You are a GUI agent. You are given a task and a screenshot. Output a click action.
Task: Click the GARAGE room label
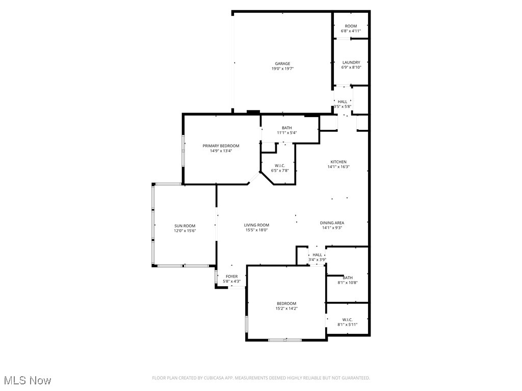[x=282, y=64]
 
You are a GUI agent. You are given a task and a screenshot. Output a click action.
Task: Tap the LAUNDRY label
[x=351, y=63]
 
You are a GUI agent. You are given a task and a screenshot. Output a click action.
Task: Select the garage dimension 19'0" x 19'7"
[x=282, y=69]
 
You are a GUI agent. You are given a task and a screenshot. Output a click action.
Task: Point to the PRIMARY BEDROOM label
[x=221, y=146]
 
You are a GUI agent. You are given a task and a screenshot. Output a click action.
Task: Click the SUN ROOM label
[x=185, y=226]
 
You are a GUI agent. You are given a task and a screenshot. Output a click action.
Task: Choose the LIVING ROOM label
[x=256, y=225]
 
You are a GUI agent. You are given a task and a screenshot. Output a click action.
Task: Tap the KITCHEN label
[x=338, y=162]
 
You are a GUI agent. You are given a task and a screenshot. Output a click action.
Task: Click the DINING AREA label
[x=332, y=222]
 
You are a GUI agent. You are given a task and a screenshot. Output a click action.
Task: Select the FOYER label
[x=231, y=276]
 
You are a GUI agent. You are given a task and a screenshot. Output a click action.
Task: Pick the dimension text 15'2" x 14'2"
[x=286, y=309]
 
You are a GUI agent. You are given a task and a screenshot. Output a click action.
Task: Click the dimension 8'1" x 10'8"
[x=348, y=283]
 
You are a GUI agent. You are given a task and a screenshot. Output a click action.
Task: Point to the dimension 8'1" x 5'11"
[x=348, y=324]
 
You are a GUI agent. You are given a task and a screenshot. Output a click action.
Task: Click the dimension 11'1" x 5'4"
[x=286, y=133]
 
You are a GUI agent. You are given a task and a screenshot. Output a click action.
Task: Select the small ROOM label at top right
[x=351, y=26]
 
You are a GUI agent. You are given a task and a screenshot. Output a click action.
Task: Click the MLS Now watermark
[x=28, y=380]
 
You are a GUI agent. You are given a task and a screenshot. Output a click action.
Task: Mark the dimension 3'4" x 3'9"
[x=317, y=260]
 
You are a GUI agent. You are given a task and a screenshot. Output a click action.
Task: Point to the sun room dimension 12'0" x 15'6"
[x=185, y=231]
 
